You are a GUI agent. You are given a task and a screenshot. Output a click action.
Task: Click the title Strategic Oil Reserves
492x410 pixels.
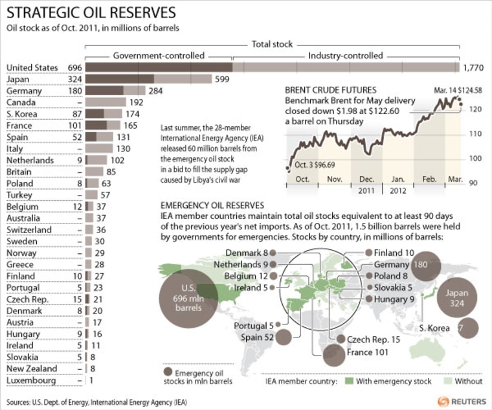pos(91,13)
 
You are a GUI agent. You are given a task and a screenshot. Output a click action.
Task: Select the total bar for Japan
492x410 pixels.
pos(149,79)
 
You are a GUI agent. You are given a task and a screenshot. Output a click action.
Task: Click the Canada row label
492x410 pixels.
pos(22,102)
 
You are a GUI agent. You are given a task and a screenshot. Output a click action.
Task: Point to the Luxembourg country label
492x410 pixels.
pos(31,381)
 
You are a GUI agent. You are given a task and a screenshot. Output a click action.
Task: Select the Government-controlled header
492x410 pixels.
pos(159,56)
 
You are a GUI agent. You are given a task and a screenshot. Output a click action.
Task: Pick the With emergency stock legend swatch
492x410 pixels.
pos(350,382)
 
